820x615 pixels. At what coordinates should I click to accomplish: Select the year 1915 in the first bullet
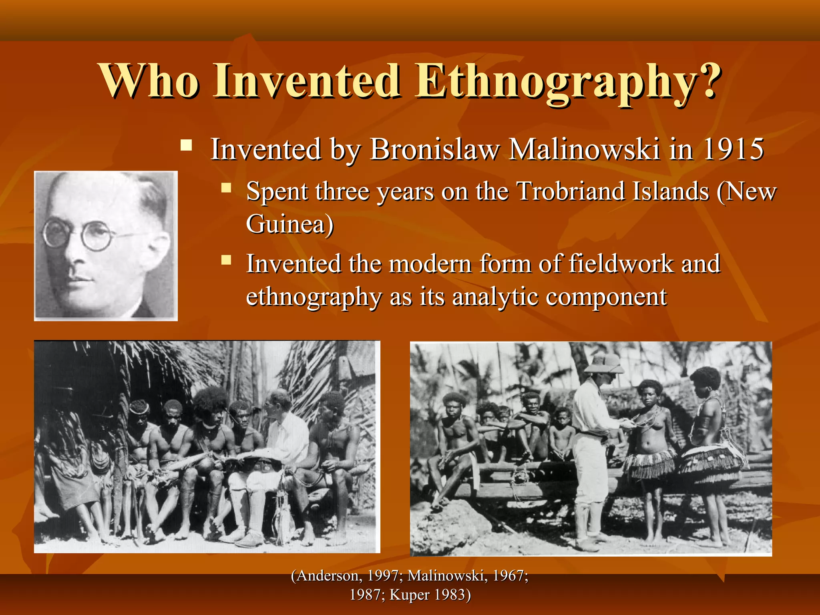coord(734,149)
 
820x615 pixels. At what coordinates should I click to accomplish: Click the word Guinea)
coord(289,224)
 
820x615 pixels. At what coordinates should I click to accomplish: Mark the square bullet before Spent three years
coord(226,187)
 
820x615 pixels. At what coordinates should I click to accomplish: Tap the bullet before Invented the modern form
coord(226,260)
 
